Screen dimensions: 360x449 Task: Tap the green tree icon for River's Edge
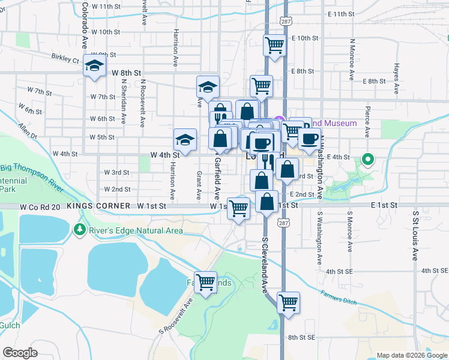(79, 229)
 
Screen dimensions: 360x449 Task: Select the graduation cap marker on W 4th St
(185, 140)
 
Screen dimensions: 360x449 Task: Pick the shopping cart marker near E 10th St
(274, 45)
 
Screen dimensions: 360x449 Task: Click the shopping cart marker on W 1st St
(238, 209)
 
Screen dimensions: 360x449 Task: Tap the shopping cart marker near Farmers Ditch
(288, 301)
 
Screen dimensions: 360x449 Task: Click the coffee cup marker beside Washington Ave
(309, 139)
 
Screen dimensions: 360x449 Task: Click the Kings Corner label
(98, 206)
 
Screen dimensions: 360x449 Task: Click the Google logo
(20, 352)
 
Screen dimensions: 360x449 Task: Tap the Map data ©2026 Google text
(411, 355)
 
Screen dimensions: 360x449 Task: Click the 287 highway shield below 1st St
(282, 223)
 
